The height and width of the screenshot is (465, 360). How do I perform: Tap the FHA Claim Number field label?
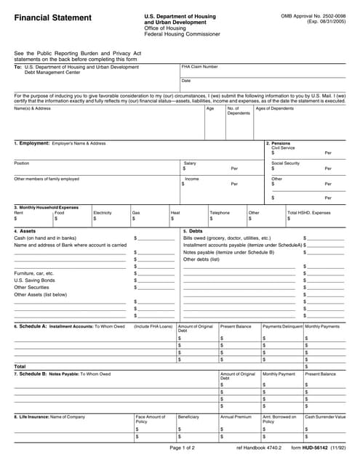[x=199, y=66]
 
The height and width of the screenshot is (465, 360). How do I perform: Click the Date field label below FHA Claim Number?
[x=186, y=81]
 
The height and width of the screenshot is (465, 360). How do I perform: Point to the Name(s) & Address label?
[x=33, y=108]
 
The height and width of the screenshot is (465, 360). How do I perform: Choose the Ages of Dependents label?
[x=275, y=108]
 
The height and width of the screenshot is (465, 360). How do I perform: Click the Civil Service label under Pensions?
[x=284, y=147]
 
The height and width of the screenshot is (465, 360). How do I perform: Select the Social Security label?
[x=285, y=163]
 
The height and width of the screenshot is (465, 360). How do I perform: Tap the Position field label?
[x=22, y=163]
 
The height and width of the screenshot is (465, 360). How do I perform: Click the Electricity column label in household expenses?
[x=103, y=213]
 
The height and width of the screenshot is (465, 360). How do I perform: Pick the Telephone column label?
[x=220, y=213]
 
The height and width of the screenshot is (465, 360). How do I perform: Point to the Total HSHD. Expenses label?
[x=308, y=213]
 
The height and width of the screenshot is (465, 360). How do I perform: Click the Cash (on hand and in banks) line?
[x=45, y=238]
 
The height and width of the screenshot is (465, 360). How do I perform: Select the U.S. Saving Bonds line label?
[x=34, y=280]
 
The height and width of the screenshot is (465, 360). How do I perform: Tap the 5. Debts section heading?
[x=192, y=231]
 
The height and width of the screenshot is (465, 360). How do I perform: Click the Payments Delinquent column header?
[x=282, y=326]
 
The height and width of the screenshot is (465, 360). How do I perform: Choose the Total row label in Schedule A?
[x=20, y=366]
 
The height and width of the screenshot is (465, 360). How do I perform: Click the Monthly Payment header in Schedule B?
[x=279, y=373]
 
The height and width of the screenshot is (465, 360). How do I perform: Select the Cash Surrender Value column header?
[x=325, y=416]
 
